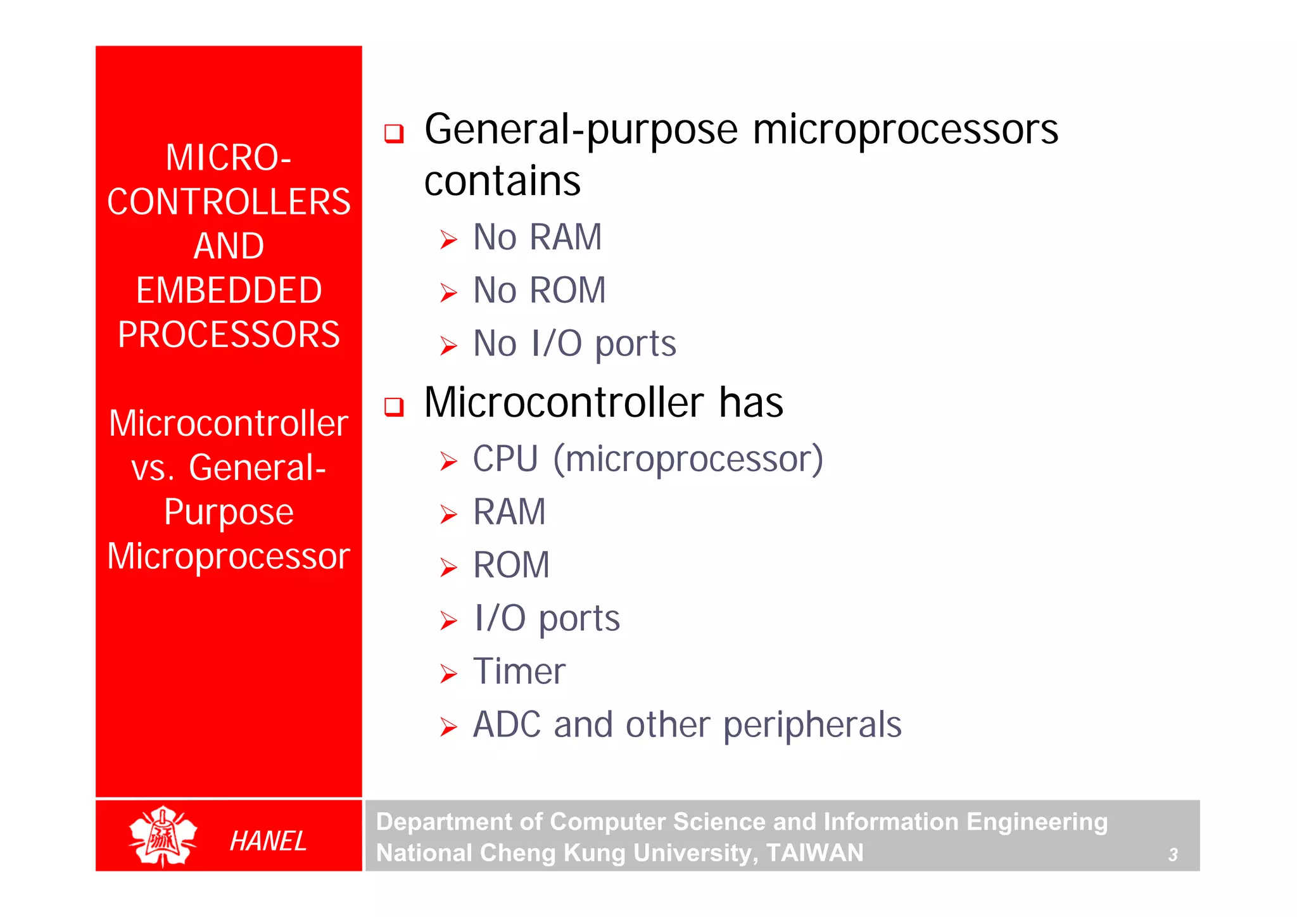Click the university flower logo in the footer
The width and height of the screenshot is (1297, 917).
point(163,837)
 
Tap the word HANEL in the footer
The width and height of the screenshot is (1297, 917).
point(268,841)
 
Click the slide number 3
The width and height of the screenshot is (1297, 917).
point(1172,855)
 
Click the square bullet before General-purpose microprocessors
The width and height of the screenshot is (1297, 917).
point(394,133)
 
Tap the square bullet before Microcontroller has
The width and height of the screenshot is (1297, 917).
point(394,406)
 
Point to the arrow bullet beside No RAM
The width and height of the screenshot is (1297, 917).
point(448,240)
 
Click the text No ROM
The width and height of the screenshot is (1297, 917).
point(539,291)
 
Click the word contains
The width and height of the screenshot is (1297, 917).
point(502,182)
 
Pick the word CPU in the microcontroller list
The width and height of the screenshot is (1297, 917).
point(505,458)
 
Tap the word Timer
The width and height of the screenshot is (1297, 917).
point(519,671)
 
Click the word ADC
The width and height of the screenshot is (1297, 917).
point(507,724)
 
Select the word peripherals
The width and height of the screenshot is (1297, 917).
point(812,726)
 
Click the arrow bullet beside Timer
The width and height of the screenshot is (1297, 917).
point(448,674)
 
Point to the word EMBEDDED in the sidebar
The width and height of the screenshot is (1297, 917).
point(229,291)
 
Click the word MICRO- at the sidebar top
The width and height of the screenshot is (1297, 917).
point(229,158)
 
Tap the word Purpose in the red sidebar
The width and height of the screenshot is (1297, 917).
point(229,512)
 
